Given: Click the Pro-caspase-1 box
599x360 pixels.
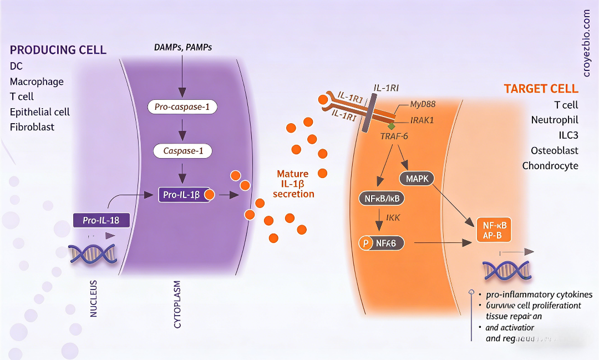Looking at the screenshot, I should click(x=182, y=107).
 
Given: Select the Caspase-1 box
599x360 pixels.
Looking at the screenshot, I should click(x=182, y=150).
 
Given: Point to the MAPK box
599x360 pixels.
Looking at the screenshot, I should click(x=417, y=179).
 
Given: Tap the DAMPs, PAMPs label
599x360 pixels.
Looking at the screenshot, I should click(x=183, y=47).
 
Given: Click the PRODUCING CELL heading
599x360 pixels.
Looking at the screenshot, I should click(x=58, y=50).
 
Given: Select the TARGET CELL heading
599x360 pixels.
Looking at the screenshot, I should click(x=541, y=89).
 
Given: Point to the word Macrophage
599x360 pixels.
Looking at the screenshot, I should click(x=37, y=82).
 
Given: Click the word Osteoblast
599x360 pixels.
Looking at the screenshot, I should click(x=554, y=150).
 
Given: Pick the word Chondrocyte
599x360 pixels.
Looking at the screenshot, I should click(x=550, y=165).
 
